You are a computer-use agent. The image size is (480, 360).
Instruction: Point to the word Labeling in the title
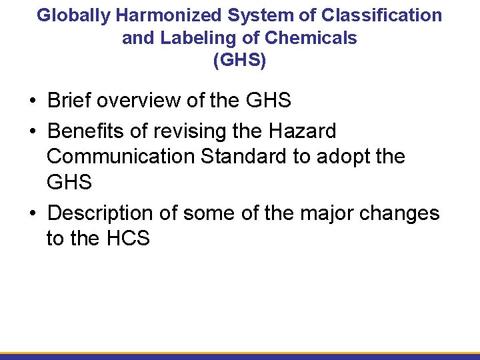186,38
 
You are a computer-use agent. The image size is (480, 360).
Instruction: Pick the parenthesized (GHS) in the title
239,61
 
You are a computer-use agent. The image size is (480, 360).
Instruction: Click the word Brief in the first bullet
69,101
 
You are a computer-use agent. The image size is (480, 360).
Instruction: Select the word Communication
122,157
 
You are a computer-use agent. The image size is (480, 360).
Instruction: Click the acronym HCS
128,238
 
